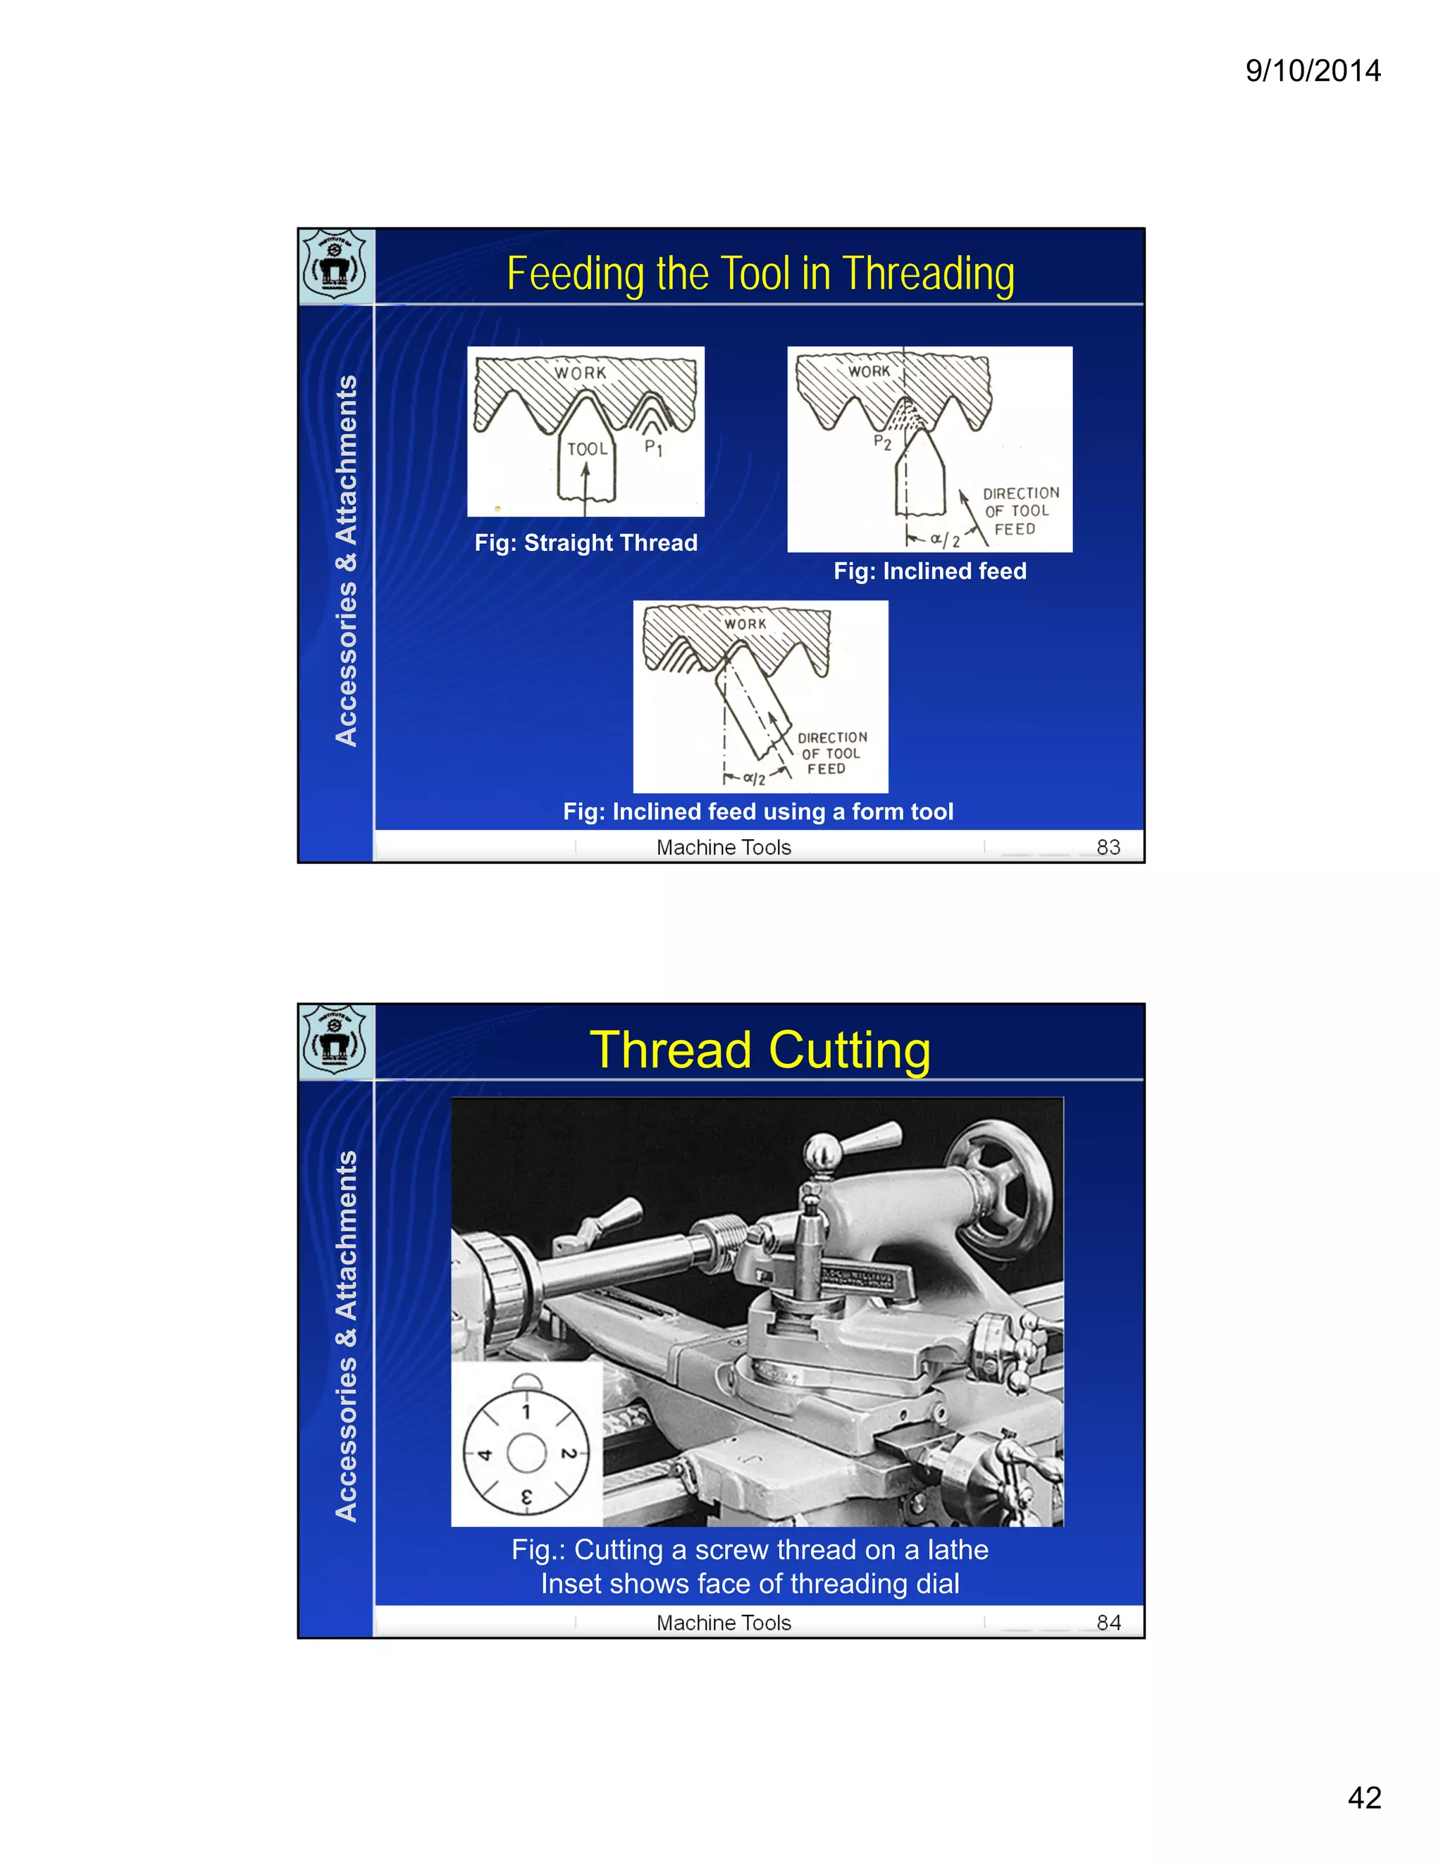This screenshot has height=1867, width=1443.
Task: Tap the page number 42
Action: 1363,1798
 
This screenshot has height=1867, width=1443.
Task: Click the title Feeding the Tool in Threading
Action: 760,274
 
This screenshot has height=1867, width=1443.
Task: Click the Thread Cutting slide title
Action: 760,1050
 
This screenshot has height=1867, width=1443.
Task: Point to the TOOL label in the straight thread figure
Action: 588,449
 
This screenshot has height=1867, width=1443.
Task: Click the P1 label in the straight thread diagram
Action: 653,447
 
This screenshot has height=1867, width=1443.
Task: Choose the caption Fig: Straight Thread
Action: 586,542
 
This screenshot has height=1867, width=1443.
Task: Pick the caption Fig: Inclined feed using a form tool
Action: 758,811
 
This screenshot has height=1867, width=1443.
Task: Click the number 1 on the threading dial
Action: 526,1411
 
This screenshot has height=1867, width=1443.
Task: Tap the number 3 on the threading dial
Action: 526,1498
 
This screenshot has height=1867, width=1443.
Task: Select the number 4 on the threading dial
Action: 485,1454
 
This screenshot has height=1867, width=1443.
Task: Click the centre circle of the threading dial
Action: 526,1453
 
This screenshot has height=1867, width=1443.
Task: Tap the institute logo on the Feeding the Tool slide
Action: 335,265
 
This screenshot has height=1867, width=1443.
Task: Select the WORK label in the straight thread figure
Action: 581,373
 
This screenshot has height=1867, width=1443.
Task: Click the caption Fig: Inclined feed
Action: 930,571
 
